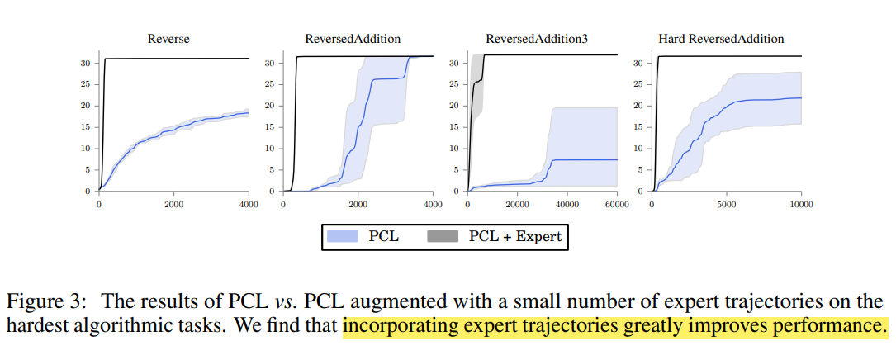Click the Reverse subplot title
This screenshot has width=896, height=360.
coord(168,39)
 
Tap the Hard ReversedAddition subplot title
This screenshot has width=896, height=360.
coord(721,39)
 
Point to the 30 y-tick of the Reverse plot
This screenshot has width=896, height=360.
coord(84,63)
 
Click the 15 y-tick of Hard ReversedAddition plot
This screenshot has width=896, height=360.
coord(638,127)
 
